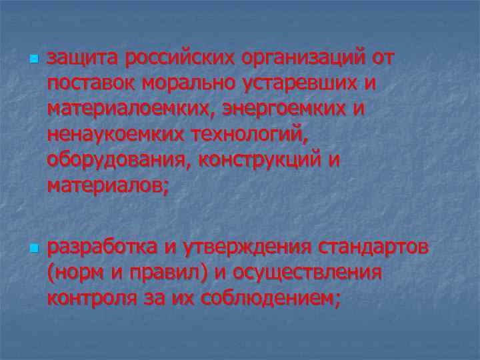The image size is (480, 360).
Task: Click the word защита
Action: [82, 59]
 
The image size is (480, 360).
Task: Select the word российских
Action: [176, 59]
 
